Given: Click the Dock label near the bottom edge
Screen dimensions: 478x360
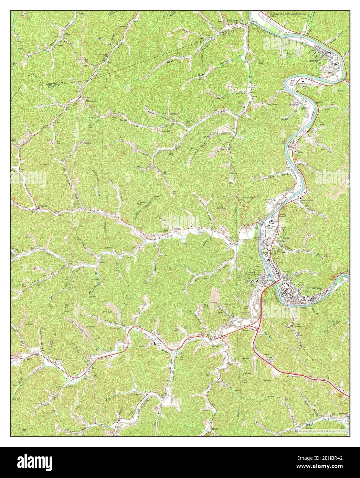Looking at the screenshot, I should (215, 429).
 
